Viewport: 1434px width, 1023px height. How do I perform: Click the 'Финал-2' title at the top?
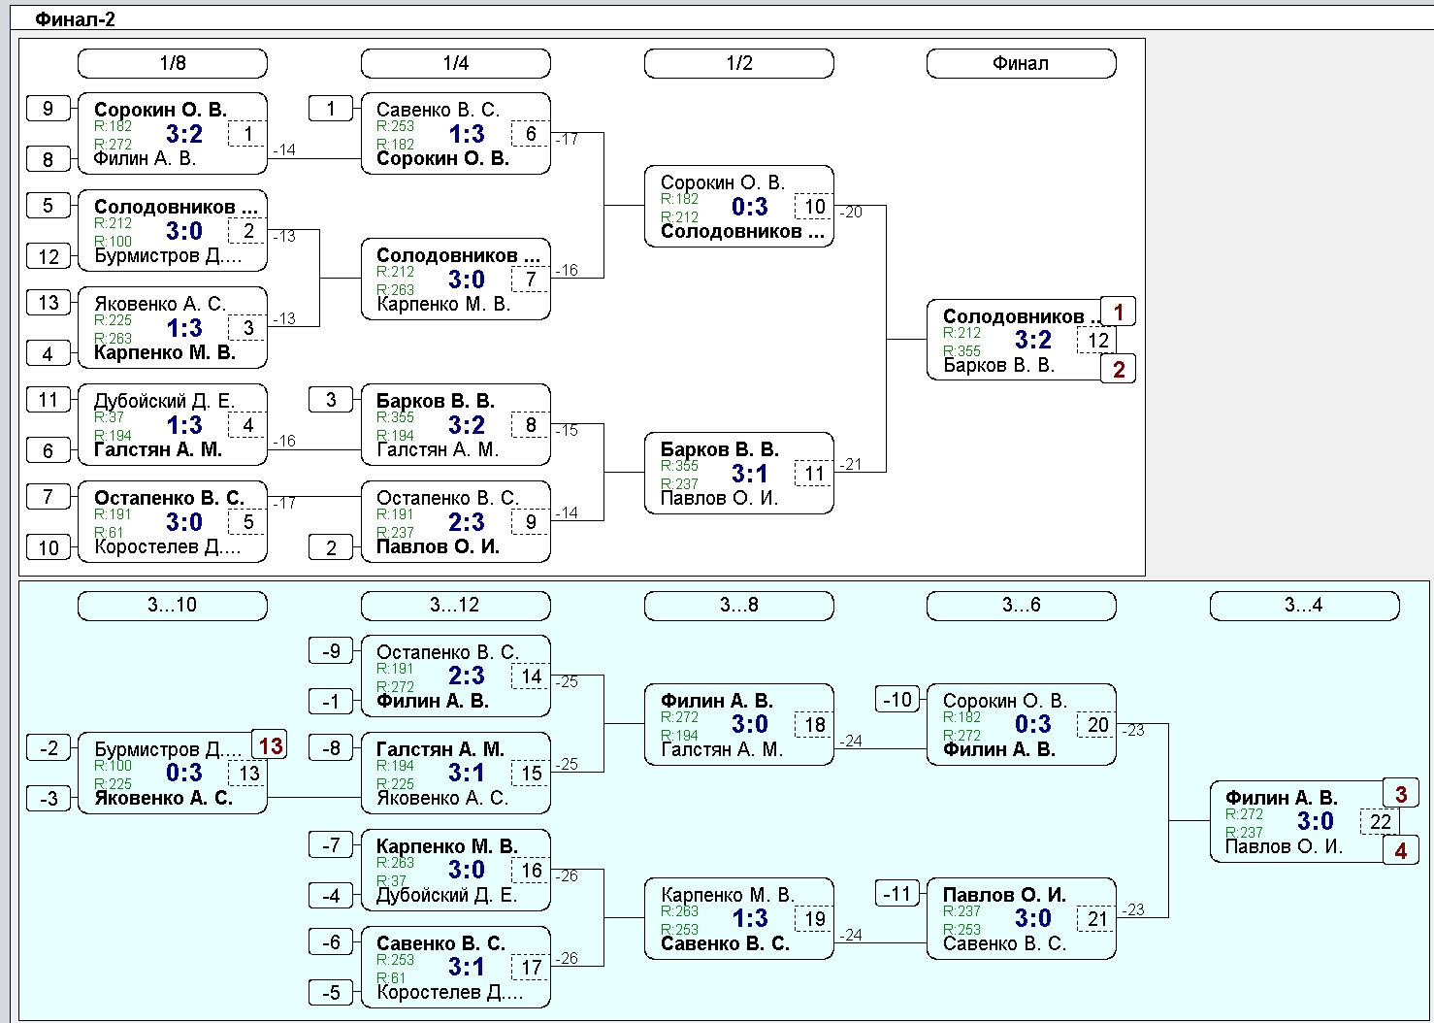pos(75,19)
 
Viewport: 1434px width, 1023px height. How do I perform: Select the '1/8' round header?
pos(172,63)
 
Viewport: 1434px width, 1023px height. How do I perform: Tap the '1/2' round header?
pos(738,63)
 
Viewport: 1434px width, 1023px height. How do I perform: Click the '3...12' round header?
pos(455,606)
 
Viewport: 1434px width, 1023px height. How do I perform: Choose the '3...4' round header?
pos(1304,606)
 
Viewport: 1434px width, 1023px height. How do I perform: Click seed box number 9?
pos(48,109)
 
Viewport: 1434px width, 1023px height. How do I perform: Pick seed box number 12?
pos(48,257)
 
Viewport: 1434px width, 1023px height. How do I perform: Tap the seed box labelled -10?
pos(897,699)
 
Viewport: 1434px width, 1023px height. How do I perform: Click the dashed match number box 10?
pos(814,207)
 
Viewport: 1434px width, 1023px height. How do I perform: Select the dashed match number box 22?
pos(1380,822)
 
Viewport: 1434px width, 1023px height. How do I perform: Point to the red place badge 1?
pos(1118,312)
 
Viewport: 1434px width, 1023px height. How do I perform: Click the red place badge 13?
pos(270,745)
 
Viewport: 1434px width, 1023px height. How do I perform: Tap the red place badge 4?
pos(1401,850)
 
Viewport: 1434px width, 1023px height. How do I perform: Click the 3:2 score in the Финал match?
pos(1032,340)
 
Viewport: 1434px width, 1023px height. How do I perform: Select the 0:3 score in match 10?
pos(750,207)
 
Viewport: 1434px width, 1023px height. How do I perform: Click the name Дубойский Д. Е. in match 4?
pos(165,401)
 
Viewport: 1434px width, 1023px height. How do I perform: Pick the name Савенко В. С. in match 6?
pos(438,110)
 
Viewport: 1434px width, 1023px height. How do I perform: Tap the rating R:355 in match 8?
pos(395,417)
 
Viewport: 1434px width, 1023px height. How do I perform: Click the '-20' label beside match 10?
pos(851,212)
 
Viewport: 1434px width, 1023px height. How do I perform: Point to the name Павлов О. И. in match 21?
pos(1004,895)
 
